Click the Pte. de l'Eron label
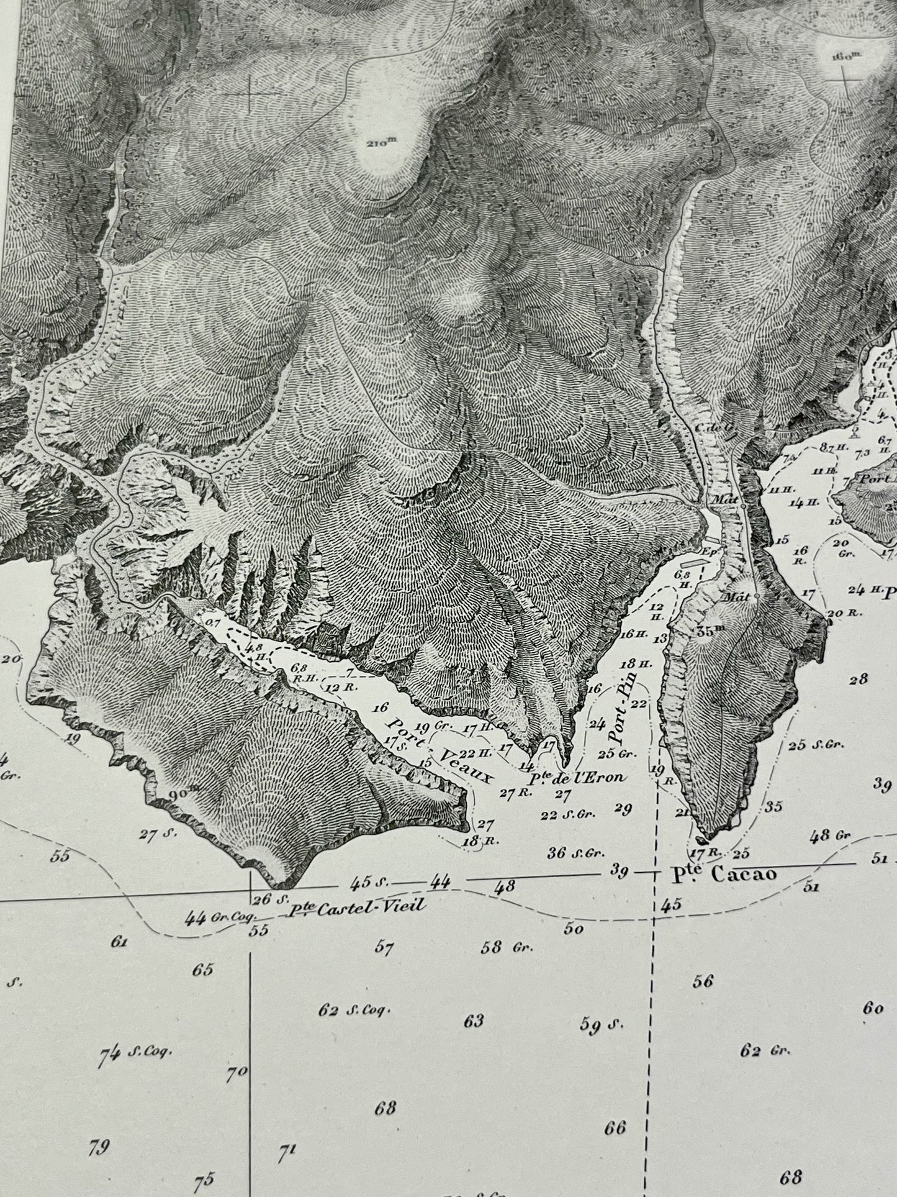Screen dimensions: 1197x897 [575, 776]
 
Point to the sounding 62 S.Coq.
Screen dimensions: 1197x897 [354, 1011]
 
